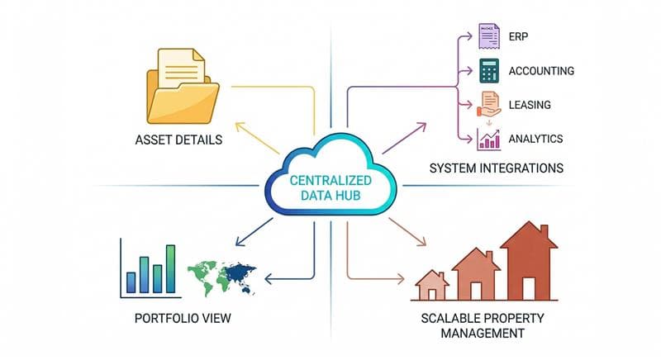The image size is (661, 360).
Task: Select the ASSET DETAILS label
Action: [x=178, y=140]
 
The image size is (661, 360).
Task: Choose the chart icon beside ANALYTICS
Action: [x=487, y=138]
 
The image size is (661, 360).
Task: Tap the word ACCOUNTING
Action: [x=541, y=71]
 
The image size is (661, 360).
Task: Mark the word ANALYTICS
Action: [x=536, y=139]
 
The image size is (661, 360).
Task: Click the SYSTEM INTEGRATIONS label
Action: [x=497, y=168]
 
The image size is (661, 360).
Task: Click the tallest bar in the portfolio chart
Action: [x=170, y=268]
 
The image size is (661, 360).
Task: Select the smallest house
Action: [x=430, y=286]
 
